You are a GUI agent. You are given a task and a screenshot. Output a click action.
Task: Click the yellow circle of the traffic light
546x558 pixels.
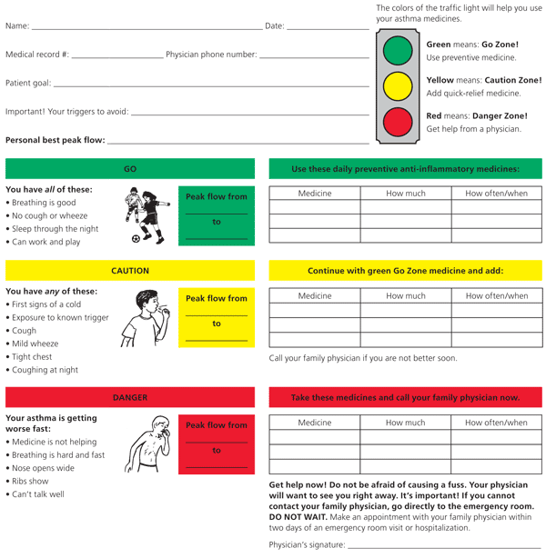tap(398, 86)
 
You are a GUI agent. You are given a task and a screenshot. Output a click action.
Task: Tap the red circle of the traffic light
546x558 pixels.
tap(398, 122)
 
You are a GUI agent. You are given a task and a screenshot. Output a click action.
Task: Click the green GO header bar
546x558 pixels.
tap(130, 169)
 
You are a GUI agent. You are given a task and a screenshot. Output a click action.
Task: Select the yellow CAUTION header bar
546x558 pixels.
tap(130, 271)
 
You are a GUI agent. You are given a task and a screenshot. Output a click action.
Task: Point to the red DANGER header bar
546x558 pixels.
tap(130, 397)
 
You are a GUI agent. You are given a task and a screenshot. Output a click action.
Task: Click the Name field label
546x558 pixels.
tap(17, 25)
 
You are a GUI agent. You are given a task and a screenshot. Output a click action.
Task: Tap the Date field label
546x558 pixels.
tap(274, 25)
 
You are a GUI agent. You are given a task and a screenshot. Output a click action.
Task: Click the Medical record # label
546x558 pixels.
tap(36, 55)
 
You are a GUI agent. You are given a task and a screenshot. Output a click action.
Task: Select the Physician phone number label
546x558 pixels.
tap(211, 55)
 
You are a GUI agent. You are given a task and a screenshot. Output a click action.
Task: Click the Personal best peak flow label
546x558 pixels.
tap(55, 141)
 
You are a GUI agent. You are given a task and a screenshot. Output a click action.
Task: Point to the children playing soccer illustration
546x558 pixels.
tap(146, 215)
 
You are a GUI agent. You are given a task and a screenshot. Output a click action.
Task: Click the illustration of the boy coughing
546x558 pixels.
tap(146, 318)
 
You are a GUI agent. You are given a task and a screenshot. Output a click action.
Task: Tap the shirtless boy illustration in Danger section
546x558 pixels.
tap(148, 447)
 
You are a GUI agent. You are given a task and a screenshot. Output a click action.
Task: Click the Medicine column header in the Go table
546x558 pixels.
tap(315, 194)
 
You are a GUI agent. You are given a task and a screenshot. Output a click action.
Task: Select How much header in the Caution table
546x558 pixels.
tap(406, 295)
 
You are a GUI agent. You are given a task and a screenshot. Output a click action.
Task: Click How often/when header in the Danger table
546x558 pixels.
tap(496, 423)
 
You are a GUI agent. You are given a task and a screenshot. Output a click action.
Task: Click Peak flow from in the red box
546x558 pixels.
tap(217, 425)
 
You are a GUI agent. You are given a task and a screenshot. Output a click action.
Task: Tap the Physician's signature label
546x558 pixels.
tap(307, 544)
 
